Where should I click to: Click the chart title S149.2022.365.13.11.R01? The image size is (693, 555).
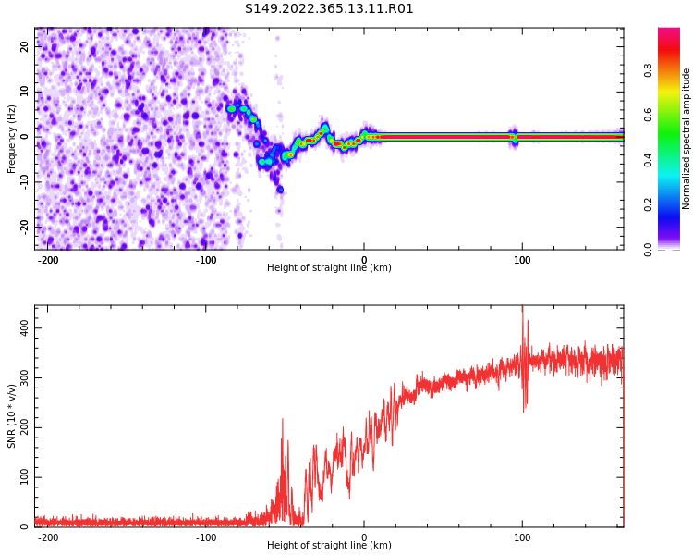pyautogui.click(x=329, y=9)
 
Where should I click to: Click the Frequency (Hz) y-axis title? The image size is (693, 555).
pyautogui.click(x=12, y=138)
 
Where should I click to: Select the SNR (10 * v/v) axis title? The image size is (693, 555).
pyautogui.click(x=12, y=416)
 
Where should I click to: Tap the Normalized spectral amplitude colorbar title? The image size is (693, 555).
pyautogui.click(x=687, y=138)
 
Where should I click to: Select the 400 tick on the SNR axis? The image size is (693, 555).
pyautogui.click(x=20, y=328)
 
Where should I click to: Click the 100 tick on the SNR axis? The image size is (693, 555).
pyautogui.click(x=20, y=477)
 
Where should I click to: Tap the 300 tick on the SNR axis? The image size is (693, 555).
pyautogui.click(x=20, y=378)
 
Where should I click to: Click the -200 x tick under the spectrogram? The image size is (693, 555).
pyautogui.click(x=48, y=260)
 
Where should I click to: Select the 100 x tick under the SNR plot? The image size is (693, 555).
pyautogui.click(x=522, y=537)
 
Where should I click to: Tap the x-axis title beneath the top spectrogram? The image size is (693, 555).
pyautogui.click(x=329, y=268)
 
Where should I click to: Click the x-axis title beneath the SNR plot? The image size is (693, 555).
pyautogui.click(x=329, y=546)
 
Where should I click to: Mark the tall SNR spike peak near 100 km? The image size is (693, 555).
pyautogui.click(x=522, y=309)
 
